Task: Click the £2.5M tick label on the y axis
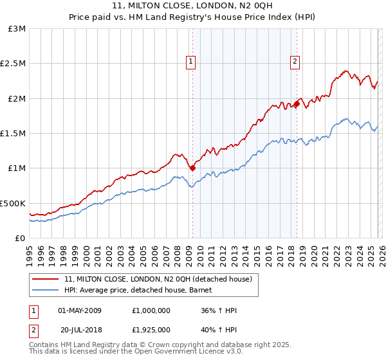coord(13,64)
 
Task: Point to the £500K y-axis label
coord(13,203)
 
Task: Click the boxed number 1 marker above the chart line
coord(192,62)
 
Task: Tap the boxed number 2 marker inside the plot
coord(295,62)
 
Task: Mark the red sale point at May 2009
coord(192,168)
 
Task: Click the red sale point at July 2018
coord(297,104)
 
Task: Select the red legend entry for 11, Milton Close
coord(161,279)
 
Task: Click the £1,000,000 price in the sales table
coord(151,310)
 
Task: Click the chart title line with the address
coord(193,7)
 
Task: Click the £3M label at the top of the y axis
coord(17,29)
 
